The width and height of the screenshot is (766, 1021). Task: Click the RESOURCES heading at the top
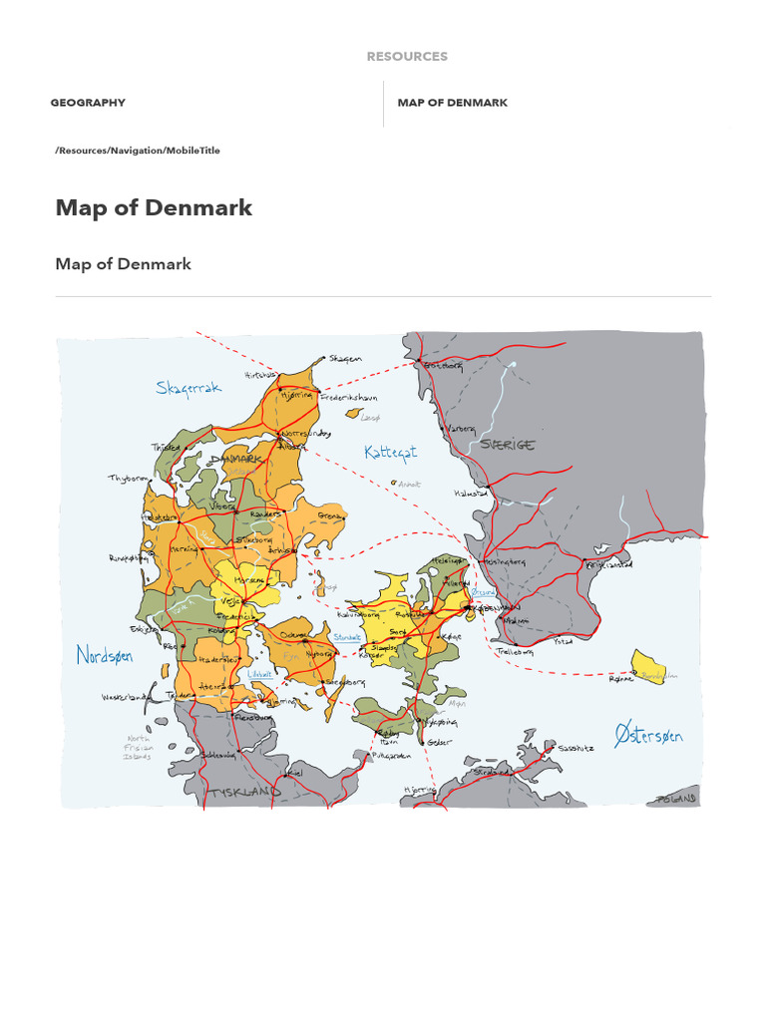coord(407,57)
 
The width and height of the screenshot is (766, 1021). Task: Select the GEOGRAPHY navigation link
coord(88,103)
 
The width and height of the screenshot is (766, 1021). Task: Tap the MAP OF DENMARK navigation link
coord(452,103)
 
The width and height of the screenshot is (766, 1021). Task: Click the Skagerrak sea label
coord(189,388)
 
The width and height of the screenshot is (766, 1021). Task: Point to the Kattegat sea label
coord(390,452)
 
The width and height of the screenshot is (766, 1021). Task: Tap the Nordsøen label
coord(105,655)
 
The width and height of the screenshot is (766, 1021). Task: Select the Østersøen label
coord(648,736)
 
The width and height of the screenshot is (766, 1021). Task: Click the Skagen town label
coord(346,359)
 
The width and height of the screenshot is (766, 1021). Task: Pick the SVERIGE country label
coord(507,445)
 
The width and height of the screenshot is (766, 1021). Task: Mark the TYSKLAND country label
coord(242,793)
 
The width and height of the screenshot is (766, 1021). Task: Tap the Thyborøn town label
coord(128,479)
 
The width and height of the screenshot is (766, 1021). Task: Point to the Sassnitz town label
coord(576,747)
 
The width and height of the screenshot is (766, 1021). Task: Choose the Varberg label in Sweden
coord(460,428)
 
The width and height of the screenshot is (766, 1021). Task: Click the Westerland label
coord(125,697)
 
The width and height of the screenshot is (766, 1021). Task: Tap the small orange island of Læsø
coord(352,413)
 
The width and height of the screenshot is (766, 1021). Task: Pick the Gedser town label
coord(439,741)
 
